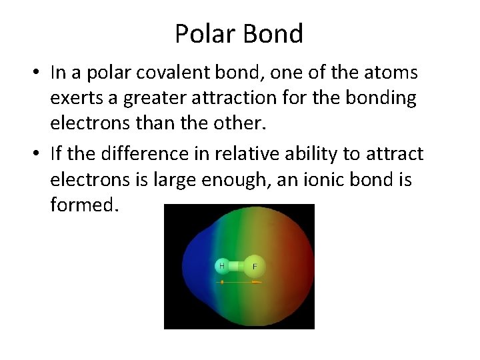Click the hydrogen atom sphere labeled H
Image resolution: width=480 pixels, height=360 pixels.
[x=221, y=266]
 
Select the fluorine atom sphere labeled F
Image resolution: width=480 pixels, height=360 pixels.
[x=253, y=267]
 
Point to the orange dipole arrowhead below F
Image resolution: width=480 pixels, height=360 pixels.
[x=257, y=282]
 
